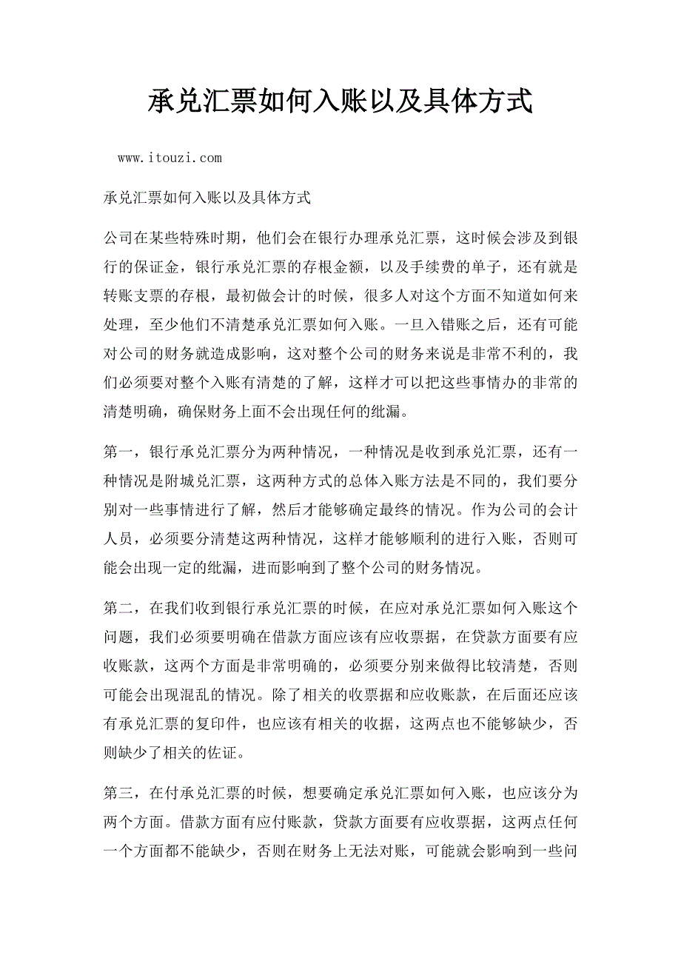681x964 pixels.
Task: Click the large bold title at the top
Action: pyautogui.click(x=340, y=101)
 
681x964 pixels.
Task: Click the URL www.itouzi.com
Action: pyautogui.click(x=170, y=158)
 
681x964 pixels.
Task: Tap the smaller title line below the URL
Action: pyautogui.click(x=207, y=198)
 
